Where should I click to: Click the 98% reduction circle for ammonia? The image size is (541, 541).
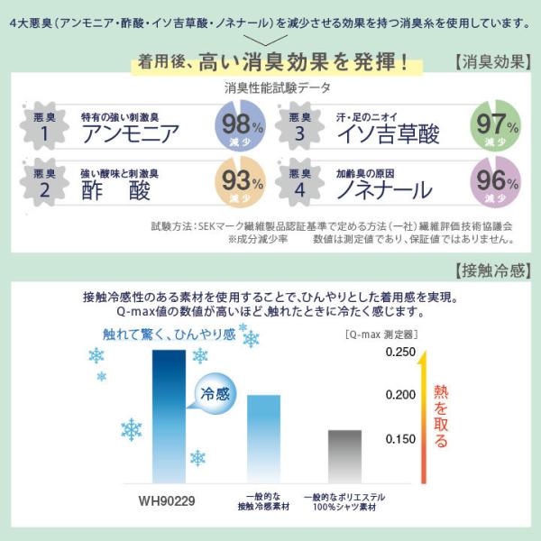(240, 125)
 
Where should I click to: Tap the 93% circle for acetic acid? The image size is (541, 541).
(240, 182)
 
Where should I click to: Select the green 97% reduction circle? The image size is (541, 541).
(495, 125)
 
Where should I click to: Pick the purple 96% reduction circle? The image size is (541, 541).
(495, 182)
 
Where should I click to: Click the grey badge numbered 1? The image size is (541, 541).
(44, 126)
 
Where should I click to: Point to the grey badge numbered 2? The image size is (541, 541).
(44, 182)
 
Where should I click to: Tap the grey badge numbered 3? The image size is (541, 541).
(299, 126)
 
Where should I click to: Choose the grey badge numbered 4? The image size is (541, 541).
(299, 182)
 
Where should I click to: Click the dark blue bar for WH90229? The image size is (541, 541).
(170, 417)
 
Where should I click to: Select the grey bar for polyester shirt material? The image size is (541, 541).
(345, 456)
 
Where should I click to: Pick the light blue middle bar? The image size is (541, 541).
(264, 439)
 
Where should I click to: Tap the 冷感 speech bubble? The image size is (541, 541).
(215, 393)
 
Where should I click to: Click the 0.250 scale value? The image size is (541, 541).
(400, 352)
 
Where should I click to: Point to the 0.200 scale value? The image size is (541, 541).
(400, 395)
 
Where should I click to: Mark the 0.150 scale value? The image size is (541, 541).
(400, 439)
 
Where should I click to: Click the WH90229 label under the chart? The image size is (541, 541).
(167, 500)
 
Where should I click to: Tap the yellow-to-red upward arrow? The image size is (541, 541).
(424, 417)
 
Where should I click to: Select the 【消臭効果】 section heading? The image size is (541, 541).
(492, 62)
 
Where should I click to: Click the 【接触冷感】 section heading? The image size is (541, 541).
(492, 270)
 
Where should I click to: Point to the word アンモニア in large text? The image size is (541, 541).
(131, 133)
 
